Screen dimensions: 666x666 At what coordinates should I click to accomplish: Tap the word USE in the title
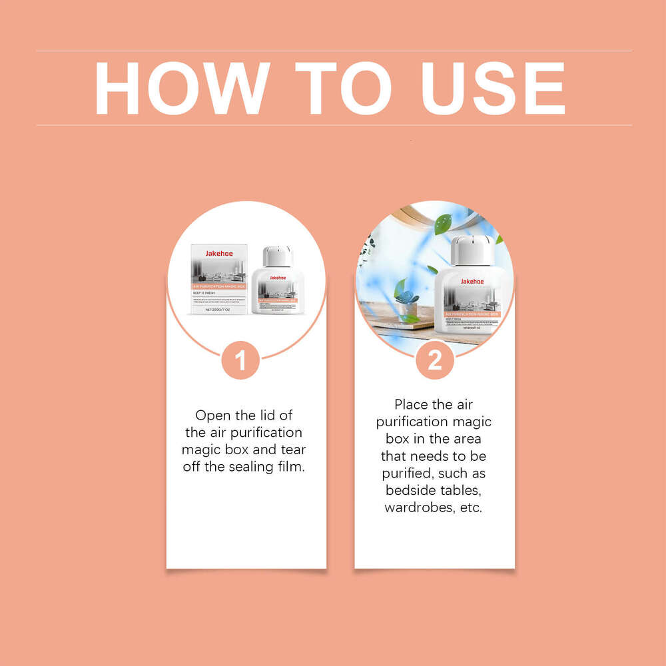(493, 89)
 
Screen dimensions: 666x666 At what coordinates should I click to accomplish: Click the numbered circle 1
(240, 360)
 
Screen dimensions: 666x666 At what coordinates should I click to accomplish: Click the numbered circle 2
(434, 360)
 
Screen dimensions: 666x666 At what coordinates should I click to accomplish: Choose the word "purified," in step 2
(406, 474)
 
